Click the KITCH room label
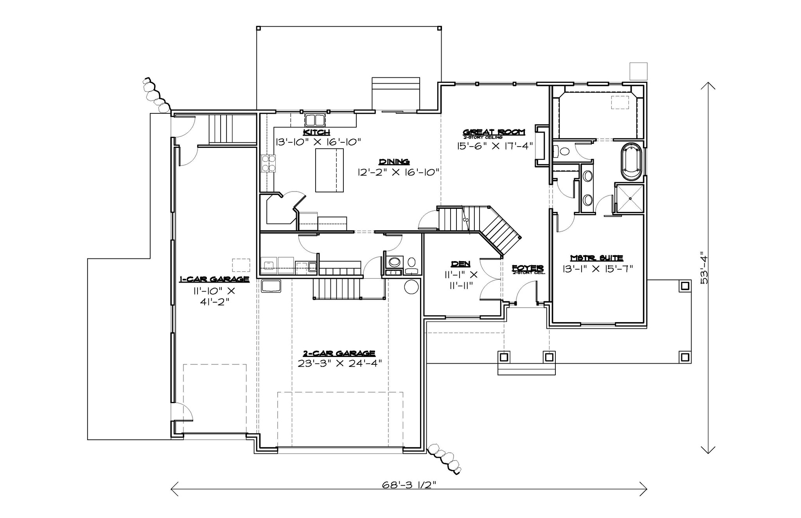tap(316, 132)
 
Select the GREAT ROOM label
tap(494, 132)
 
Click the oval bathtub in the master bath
tap(631, 162)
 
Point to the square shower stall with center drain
tap(630, 199)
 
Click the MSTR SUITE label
tap(596, 258)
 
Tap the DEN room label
tap(460, 264)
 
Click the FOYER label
tap(528, 268)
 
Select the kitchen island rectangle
tap(329, 170)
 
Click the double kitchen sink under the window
tap(315, 119)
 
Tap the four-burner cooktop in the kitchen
tap(268, 163)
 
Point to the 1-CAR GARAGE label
tap(214, 279)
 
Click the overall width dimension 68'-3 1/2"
tap(409, 485)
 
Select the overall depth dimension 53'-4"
tap(704, 268)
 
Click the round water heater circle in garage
tap(411, 287)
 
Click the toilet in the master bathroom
tap(562, 151)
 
